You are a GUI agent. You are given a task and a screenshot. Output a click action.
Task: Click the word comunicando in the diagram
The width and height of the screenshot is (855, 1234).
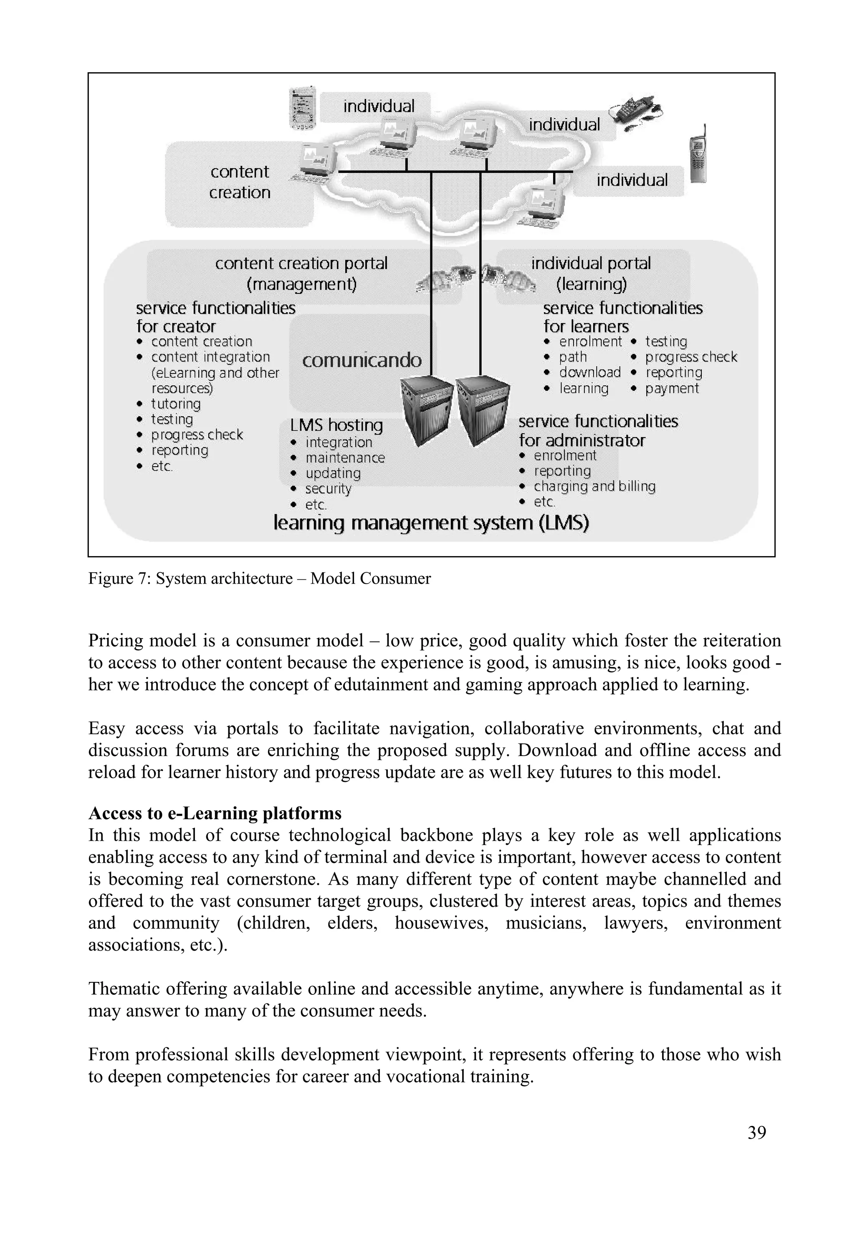pyautogui.click(x=362, y=360)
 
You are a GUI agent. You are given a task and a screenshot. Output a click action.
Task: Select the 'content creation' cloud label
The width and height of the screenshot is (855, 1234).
pyautogui.click(x=240, y=182)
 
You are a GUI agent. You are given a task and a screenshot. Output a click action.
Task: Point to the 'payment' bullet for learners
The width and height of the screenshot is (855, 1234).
pyautogui.click(x=672, y=388)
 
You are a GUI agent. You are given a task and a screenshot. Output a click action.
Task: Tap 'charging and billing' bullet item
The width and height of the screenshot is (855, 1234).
pyautogui.click(x=594, y=486)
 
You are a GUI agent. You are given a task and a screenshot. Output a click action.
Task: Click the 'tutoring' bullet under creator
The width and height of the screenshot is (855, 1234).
pyautogui.click(x=175, y=404)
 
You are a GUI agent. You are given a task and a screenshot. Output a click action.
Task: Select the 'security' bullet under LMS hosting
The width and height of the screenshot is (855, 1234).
pyautogui.click(x=328, y=489)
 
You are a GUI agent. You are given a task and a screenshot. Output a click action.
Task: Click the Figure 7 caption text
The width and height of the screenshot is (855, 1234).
pyautogui.click(x=259, y=579)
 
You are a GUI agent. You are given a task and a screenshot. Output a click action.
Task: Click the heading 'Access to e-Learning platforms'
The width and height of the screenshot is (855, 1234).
pyautogui.click(x=215, y=814)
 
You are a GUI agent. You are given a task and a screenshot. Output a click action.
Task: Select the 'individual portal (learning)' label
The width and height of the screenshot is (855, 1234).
pyautogui.click(x=591, y=273)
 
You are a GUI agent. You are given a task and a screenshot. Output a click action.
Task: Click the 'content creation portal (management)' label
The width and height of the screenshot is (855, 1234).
pyautogui.click(x=301, y=273)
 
